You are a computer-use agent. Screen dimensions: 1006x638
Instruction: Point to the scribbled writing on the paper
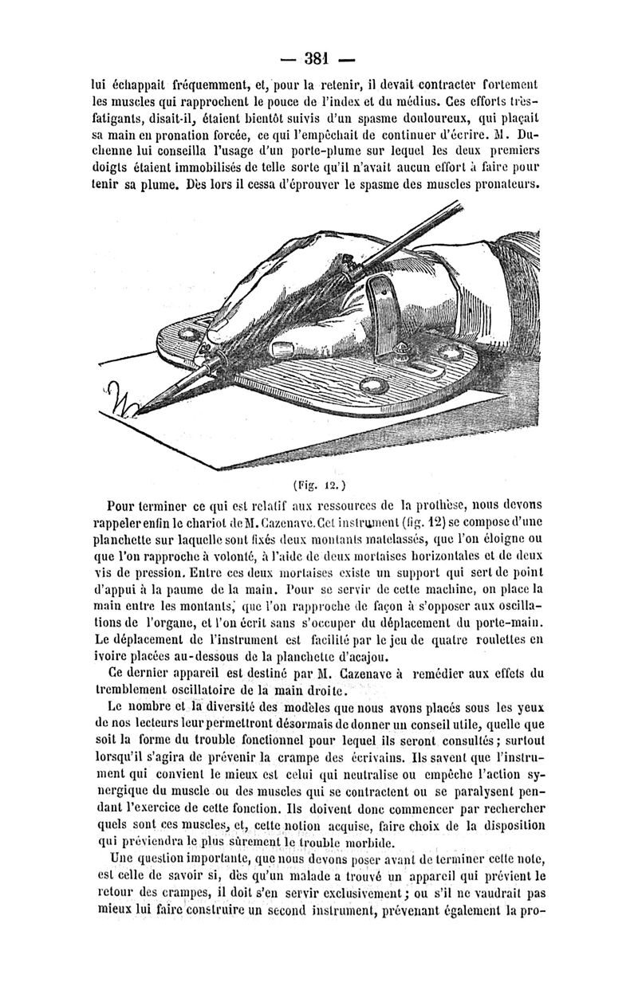coord(121,396)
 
